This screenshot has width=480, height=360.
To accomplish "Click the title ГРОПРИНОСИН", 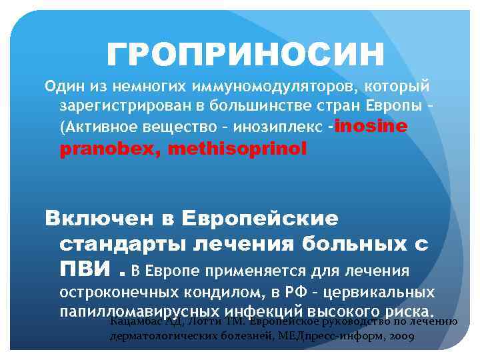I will (x=245, y=54).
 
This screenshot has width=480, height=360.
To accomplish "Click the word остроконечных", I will (x=119, y=293).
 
